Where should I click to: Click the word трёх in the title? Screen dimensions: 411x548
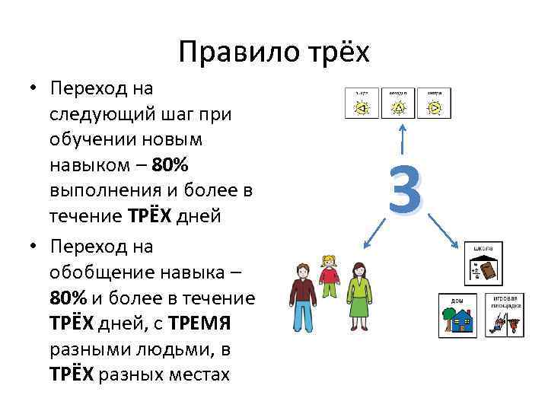click(x=332, y=53)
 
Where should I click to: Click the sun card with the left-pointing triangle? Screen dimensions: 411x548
click(x=362, y=104)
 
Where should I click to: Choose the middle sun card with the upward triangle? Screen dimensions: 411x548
click(x=398, y=104)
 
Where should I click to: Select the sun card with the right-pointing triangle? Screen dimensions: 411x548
click(x=434, y=104)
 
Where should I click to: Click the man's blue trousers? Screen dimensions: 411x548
click(x=303, y=314)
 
